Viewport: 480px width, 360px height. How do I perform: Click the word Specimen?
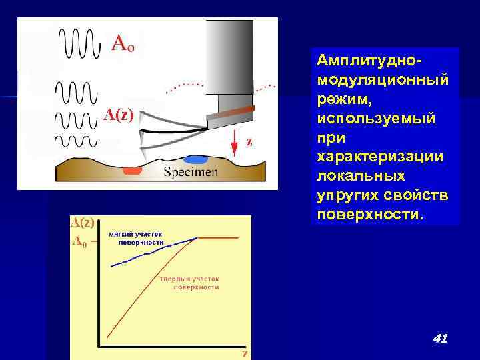click(191, 172)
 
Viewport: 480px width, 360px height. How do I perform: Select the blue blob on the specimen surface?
click(195, 160)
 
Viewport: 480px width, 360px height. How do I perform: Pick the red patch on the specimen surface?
click(133, 171)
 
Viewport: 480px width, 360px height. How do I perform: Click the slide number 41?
click(439, 339)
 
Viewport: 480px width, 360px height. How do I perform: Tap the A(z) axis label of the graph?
click(83, 223)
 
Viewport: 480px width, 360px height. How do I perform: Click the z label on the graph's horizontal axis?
click(245, 353)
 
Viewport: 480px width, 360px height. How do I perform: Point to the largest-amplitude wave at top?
click(81, 43)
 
